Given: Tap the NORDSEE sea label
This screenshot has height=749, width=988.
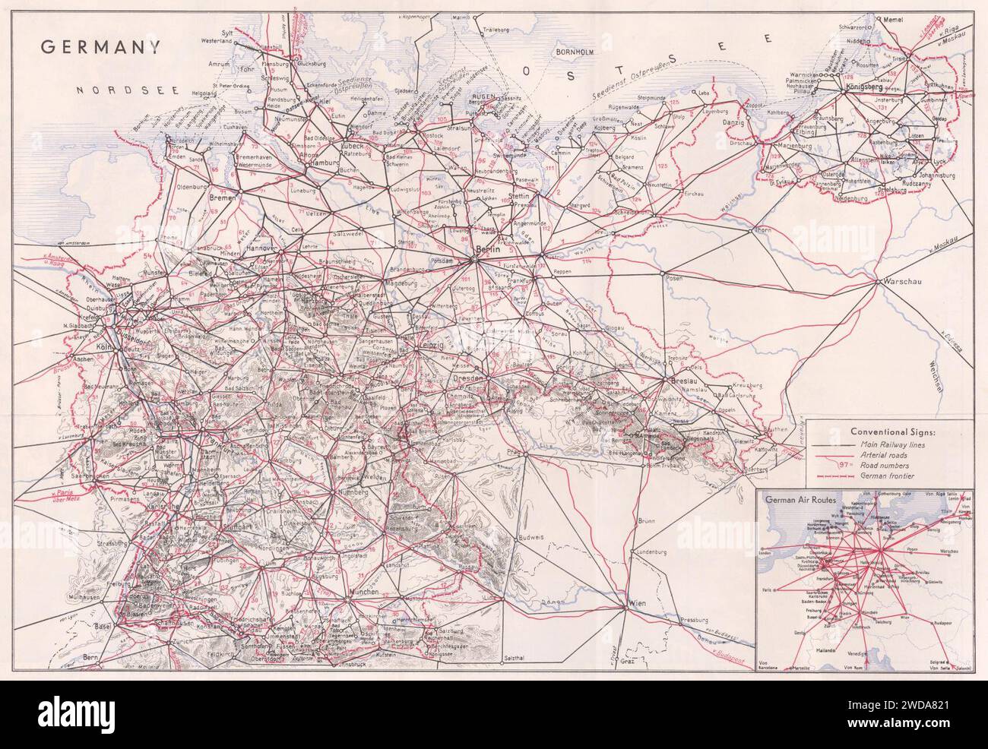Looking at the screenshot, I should [x=127, y=90].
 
